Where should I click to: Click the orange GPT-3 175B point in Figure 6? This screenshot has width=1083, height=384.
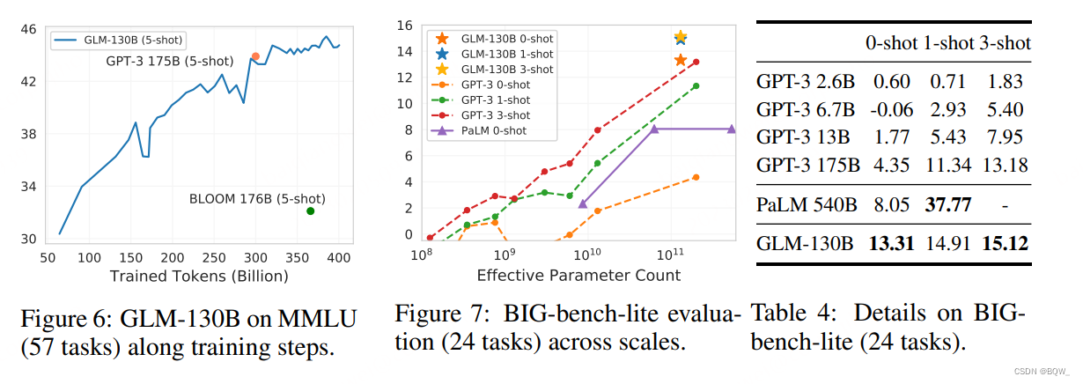coord(255,56)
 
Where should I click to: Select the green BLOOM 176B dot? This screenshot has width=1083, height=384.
coord(311,210)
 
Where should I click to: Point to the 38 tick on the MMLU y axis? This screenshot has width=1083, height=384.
coord(28,134)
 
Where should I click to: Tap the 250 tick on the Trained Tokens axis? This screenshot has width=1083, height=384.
coord(214,258)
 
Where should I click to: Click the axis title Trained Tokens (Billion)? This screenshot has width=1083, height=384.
coord(199,277)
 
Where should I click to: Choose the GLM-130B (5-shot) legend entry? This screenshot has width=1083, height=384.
coord(118,41)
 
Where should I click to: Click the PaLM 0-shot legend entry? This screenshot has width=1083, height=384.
coord(478,130)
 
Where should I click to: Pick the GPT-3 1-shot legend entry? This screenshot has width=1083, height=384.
coord(481,100)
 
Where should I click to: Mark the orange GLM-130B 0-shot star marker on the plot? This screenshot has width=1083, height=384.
coord(681,60)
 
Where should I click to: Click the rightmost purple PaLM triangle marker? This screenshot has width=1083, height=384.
coord(732,129)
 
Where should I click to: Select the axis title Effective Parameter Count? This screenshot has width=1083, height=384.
coord(578,275)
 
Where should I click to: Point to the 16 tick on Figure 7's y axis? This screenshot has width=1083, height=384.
coord(405,26)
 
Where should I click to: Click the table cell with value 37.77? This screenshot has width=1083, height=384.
coord(948,205)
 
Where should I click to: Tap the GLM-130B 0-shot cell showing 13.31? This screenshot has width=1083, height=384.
coord(892,243)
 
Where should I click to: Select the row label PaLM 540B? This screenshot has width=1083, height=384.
coord(807,205)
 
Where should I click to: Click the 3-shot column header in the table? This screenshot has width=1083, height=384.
coord(1006,43)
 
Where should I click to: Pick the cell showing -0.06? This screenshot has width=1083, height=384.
coord(892,110)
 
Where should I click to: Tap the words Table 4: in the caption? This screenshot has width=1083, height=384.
coord(793,314)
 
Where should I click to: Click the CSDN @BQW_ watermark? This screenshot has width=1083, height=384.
coord(1042,372)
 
